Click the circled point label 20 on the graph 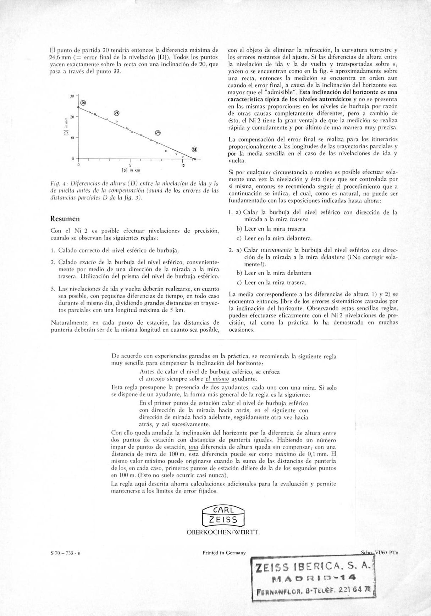83,103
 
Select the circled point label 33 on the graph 194,149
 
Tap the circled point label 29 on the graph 158,133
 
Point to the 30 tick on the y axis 72,96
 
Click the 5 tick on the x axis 130,165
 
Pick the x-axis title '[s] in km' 131,171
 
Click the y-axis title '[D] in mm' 66,127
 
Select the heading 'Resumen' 65,218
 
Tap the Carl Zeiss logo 223,516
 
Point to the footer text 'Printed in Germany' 224,553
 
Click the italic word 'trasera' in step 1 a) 299,220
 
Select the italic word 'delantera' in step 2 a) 330,257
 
